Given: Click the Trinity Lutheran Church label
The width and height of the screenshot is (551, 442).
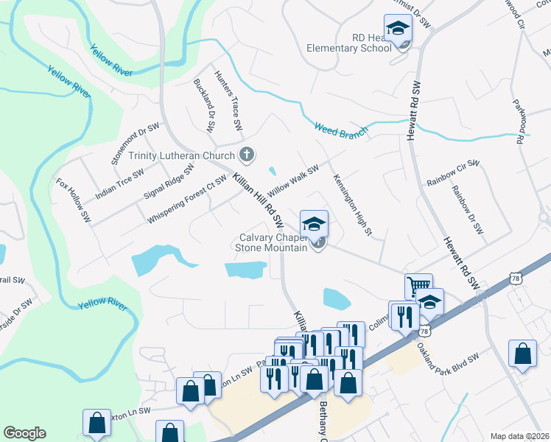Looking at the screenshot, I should pos(181,155).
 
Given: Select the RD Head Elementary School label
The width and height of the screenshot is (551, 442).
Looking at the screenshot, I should pos(350,43).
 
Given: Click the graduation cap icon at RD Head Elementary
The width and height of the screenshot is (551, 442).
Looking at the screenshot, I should pos(399,29).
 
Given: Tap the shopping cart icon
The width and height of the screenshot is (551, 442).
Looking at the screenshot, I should pos(418,286).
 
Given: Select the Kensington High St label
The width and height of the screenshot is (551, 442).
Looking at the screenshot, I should pos(352,206).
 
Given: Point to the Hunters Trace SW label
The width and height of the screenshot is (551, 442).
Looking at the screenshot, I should pos(228,101).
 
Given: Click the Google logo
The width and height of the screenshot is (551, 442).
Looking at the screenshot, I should pos(24,433).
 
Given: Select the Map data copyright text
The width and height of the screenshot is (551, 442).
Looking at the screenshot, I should pos(520,436).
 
